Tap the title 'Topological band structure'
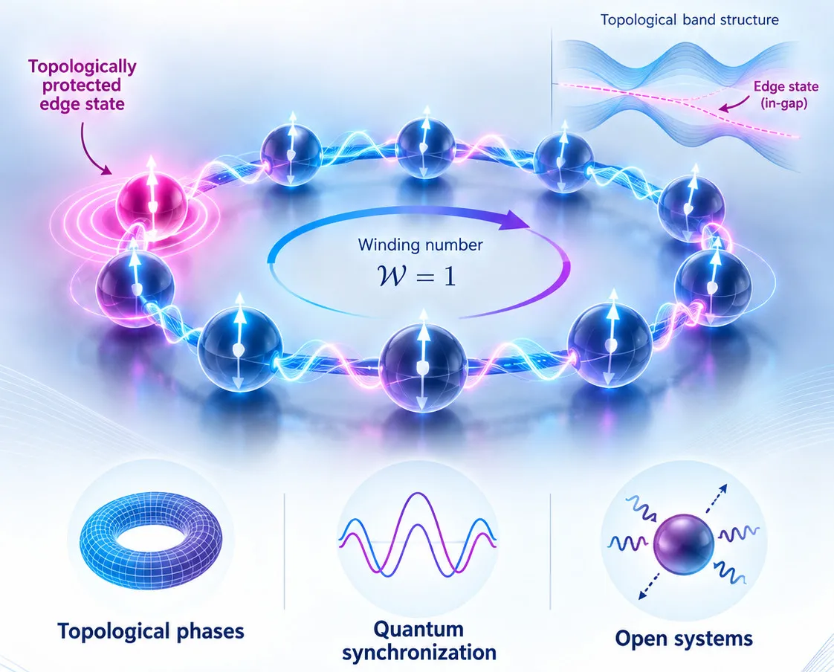point(689,20)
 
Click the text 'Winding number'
point(420,245)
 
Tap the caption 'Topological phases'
point(151,632)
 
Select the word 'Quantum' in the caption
point(418,628)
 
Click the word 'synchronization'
point(419,653)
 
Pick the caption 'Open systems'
point(684,638)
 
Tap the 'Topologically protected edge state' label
point(83,85)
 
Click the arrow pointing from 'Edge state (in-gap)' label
point(734,105)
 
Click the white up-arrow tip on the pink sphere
point(152,158)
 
